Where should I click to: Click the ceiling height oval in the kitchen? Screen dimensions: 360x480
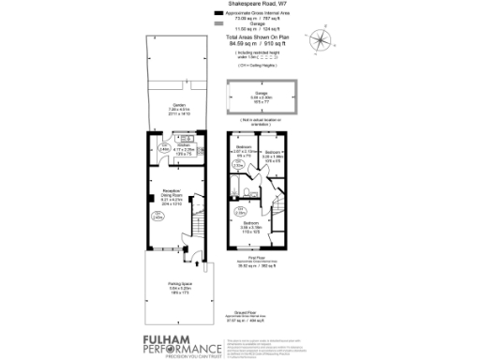pos(163,148)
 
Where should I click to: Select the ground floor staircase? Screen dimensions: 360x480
pos(199,229)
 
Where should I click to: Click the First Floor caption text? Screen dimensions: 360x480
pos(258,264)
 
